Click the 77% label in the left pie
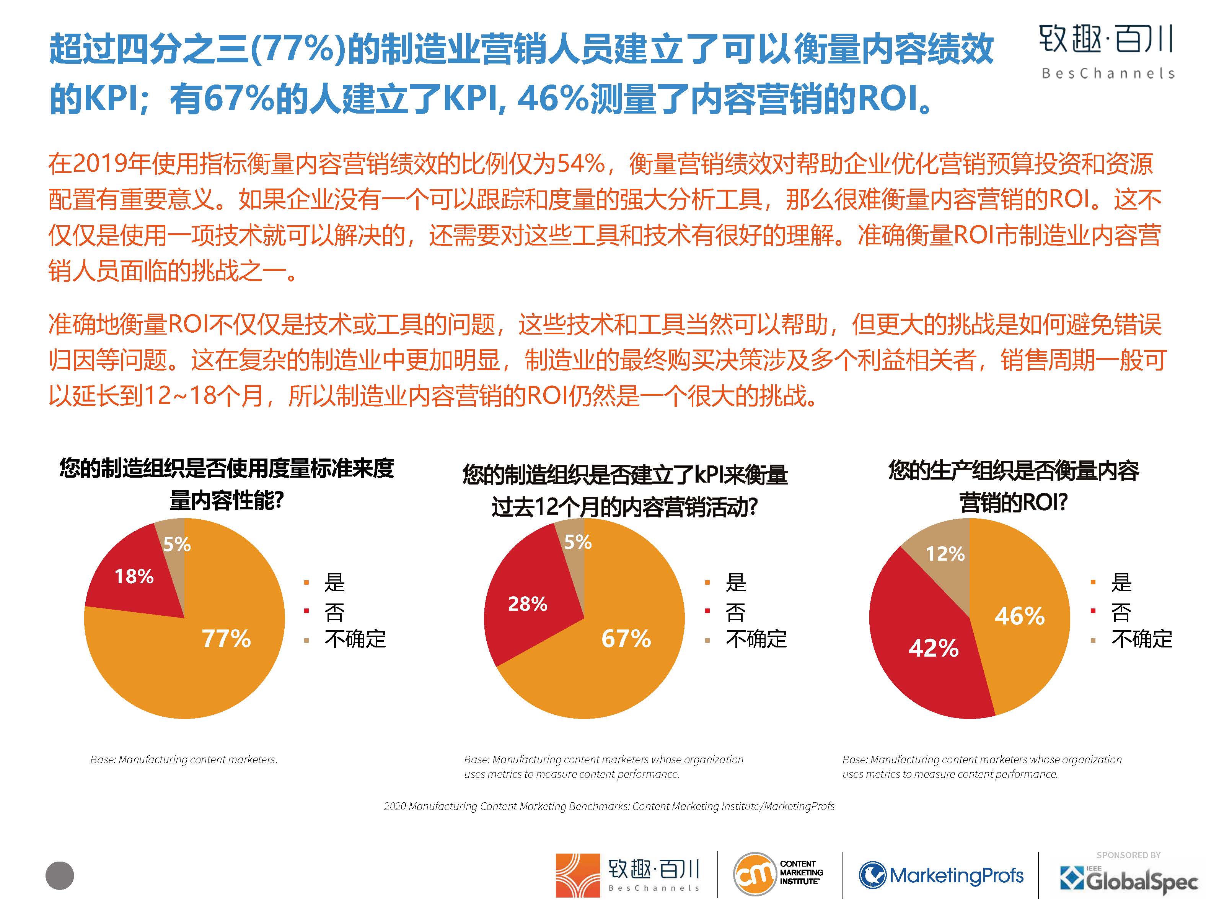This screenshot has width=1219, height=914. click(226, 639)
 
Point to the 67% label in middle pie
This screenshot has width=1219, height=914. click(626, 639)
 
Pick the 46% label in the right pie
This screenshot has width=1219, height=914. click(1020, 616)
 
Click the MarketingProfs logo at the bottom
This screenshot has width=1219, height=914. click(941, 875)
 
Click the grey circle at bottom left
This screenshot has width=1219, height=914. click(60, 875)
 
